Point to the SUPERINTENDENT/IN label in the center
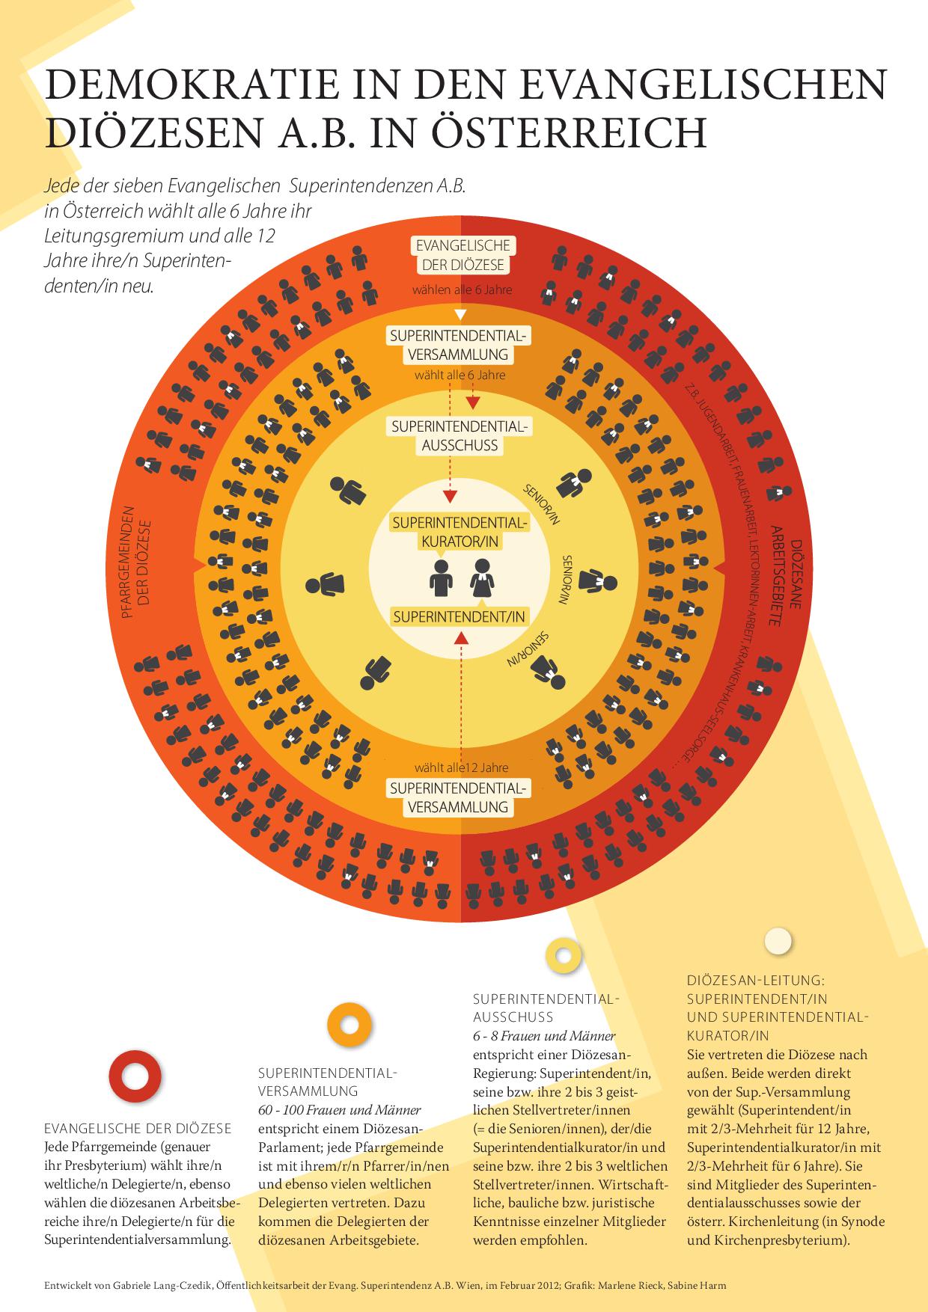click(x=459, y=616)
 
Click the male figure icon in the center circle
click(x=441, y=578)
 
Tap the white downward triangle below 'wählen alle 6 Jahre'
click(x=461, y=313)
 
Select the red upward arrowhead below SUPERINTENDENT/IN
click(x=462, y=637)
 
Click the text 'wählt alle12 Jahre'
click(x=462, y=767)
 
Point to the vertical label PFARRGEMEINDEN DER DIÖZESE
click(x=136, y=562)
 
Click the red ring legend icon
click(x=135, y=1076)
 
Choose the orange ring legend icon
click(x=349, y=1023)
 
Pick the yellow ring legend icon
click(x=564, y=955)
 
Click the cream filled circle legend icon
click(x=778, y=942)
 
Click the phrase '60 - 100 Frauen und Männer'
click(x=339, y=1110)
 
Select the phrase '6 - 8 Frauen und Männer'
click(x=544, y=1036)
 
